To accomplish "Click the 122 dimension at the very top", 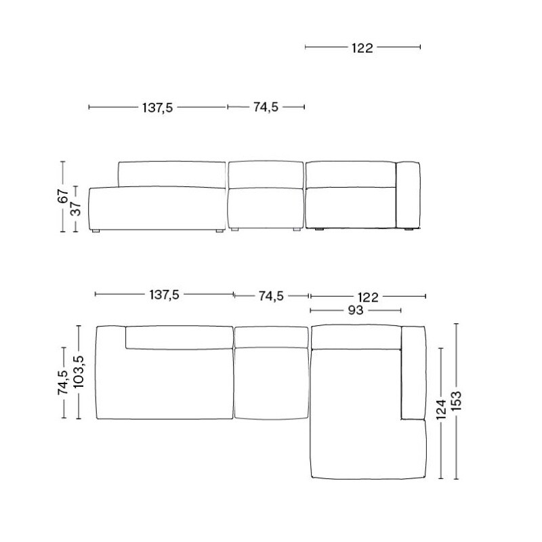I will [x=362, y=47].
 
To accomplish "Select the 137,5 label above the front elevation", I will [x=157, y=107].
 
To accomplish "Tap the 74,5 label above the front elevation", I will [x=266, y=107].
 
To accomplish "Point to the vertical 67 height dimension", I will [x=62, y=196].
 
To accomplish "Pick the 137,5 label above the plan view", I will [x=164, y=295].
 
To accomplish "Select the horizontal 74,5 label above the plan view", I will [x=271, y=295].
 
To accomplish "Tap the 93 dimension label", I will [x=356, y=310].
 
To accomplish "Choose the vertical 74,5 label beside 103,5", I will [x=63, y=383].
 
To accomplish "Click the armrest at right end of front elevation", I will [x=408, y=196].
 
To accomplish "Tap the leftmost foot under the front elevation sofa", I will [x=96, y=232].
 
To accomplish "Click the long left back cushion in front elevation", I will [x=171, y=174].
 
